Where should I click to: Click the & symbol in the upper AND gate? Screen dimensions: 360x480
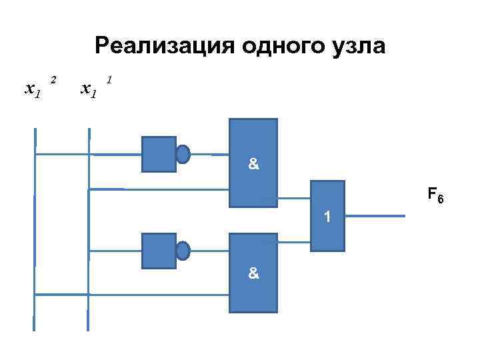pos(253,164)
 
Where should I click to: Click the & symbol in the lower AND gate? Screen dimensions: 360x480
pos(253,273)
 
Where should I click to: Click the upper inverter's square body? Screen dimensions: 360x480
pos(159,154)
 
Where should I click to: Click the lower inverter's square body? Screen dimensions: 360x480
pos(159,251)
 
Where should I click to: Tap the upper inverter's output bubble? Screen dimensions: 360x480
pos(183,154)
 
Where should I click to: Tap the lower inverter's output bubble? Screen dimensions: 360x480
pos(183,251)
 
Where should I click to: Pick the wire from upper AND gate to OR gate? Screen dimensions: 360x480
pos(294,198)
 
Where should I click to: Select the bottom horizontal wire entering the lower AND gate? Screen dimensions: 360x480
pos(133,294)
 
